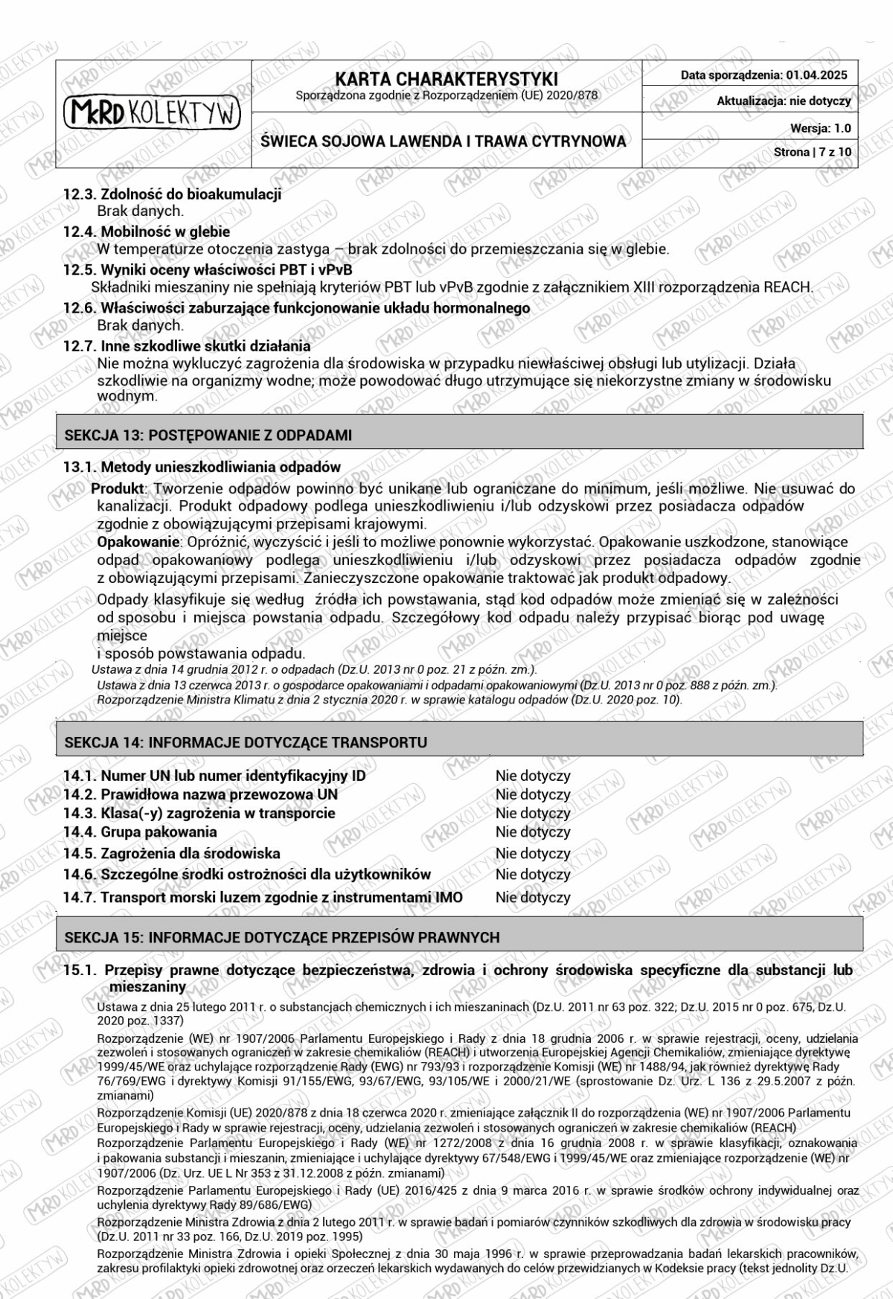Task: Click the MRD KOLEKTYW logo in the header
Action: pos(153,113)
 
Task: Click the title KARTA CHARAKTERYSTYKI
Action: pos(446,79)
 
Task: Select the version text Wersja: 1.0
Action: pos(820,128)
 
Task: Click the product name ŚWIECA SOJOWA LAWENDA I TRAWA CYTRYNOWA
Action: pos(444,141)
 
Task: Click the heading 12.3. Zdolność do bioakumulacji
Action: pos(172,195)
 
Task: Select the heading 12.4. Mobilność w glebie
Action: pos(147,232)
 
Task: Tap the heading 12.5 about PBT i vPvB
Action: pos(208,269)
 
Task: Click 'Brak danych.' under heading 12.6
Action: pos(140,325)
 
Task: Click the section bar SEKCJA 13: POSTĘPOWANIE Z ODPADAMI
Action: pos(208,435)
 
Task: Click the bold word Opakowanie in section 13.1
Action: pos(139,542)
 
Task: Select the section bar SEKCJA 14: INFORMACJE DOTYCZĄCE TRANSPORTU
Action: pos(246,742)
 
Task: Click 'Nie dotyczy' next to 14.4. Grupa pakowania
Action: pos(533,832)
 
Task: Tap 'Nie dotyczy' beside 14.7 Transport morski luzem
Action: pos(533,898)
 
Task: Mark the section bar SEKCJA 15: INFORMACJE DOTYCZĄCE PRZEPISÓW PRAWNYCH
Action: pos(282,937)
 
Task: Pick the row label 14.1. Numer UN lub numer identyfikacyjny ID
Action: pos(214,776)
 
